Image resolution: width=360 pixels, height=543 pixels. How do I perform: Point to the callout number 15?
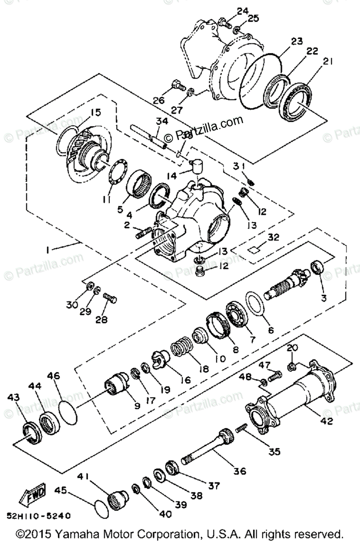point(96,112)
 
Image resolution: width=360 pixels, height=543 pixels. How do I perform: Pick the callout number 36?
point(240,471)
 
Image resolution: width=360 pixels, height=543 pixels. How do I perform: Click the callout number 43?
point(14,397)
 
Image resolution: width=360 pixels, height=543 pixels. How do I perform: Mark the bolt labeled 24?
point(225,21)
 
